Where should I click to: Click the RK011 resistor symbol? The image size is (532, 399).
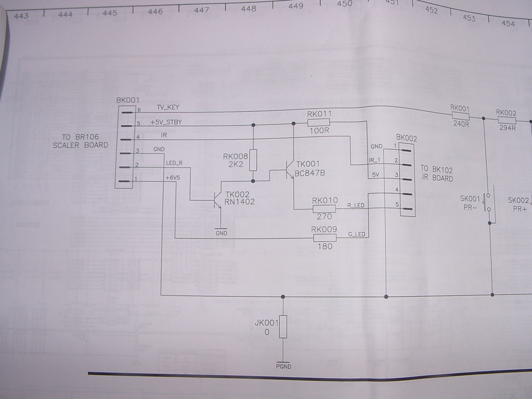point(318,122)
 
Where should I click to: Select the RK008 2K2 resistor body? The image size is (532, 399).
point(253,160)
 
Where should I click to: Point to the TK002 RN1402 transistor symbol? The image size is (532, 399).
point(217,201)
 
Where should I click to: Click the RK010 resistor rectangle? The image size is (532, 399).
point(324,209)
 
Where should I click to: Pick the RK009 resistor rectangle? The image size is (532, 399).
point(325,238)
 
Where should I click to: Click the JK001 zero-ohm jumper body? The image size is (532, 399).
point(283,326)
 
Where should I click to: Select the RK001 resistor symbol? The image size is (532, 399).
point(460,116)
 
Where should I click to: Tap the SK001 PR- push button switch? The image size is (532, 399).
point(488,203)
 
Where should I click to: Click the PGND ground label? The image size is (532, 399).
point(284,366)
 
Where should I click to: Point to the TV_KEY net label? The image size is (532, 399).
point(168,107)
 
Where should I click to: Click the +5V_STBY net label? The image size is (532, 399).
point(166,122)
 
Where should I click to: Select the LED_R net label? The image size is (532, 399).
point(174,163)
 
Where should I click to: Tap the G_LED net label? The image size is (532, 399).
point(356,234)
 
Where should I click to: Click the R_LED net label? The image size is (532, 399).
point(355,205)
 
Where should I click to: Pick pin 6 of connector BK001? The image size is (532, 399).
point(127,112)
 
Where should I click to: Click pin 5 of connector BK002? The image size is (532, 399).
point(406,208)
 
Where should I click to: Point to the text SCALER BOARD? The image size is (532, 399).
point(81,145)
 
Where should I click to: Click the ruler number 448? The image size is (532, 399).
point(249,8)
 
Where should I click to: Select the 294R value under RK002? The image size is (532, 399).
point(507,128)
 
